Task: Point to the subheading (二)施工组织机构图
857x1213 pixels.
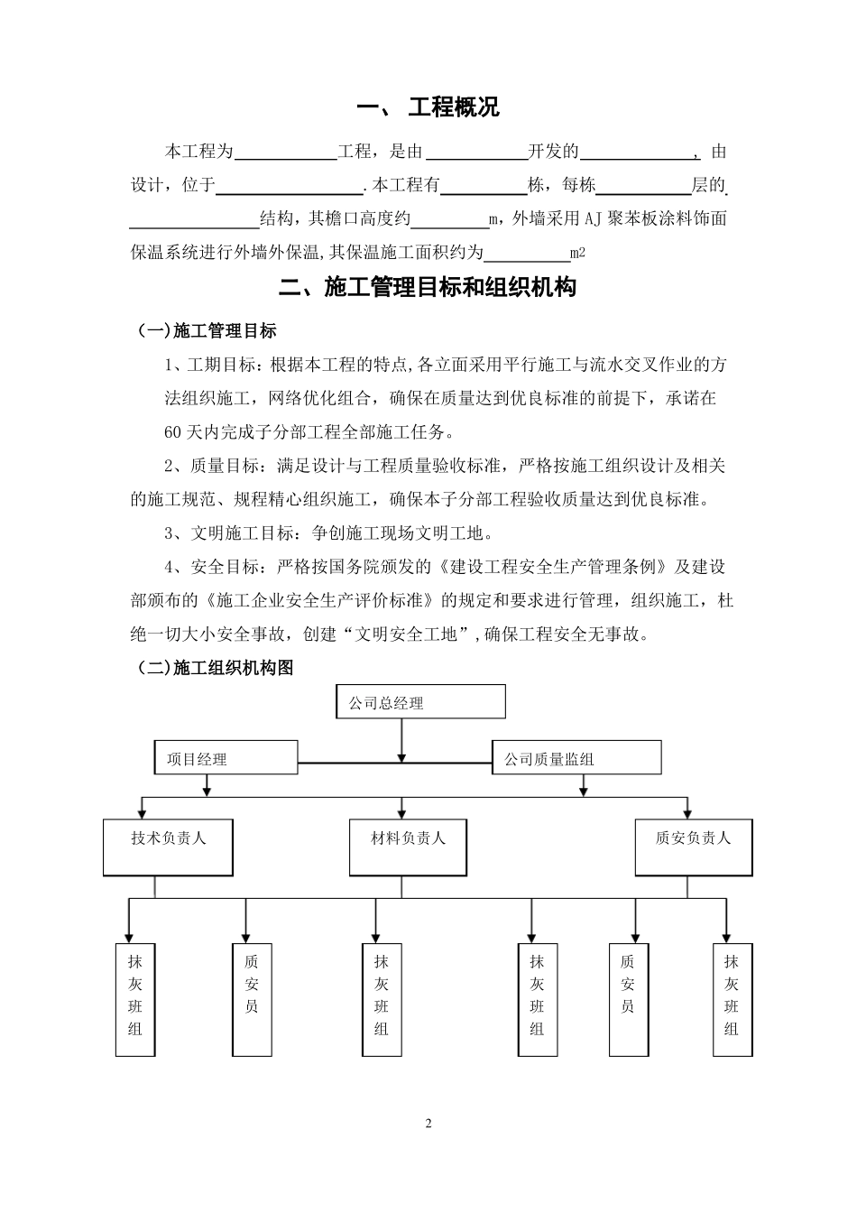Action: coord(215,668)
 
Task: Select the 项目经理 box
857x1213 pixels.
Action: coord(226,758)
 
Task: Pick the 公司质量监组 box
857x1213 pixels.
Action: coord(576,758)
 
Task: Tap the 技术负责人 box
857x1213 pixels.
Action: coord(168,847)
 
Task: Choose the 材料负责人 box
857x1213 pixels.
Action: coord(409,847)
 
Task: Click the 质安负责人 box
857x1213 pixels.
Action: coord(693,847)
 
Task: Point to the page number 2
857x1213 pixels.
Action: coord(428,1124)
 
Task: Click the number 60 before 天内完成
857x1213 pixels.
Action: coord(172,431)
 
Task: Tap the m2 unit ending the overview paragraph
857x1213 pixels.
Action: coord(578,253)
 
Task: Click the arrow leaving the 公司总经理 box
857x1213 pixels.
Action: coord(401,739)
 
